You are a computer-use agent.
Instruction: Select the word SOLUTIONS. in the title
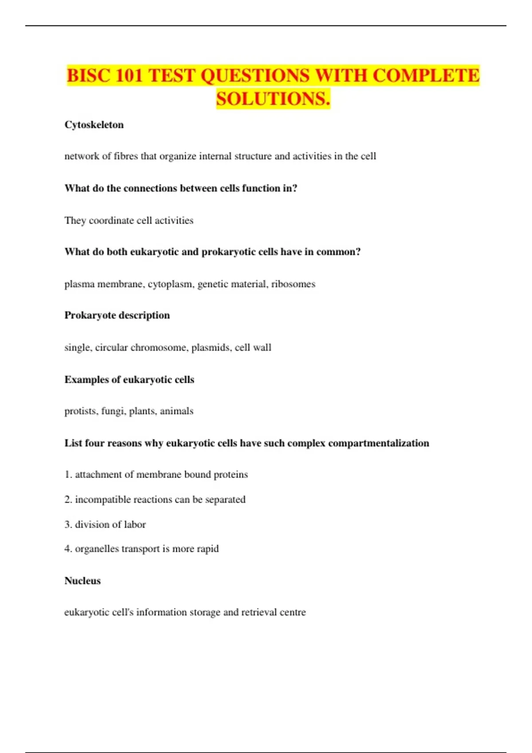point(273,99)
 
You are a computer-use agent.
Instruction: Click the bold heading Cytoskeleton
point(94,125)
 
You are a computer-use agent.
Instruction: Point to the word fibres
point(126,156)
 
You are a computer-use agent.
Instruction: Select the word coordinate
point(111,221)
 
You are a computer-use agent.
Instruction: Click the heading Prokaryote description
point(117,315)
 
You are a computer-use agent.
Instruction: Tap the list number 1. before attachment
point(68,475)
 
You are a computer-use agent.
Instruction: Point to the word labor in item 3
point(135,524)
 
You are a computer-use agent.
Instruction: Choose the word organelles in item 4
point(97,549)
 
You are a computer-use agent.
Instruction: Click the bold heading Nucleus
point(82,581)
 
